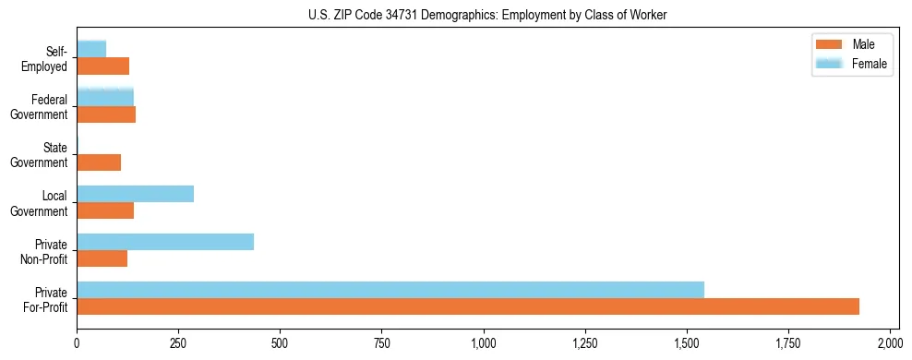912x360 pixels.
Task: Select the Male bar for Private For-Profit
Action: click(x=468, y=306)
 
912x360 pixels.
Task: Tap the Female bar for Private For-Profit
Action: click(x=390, y=290)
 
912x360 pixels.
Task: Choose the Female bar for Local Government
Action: click(x=135, y=194)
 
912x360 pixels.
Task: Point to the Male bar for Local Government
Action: click(x=105, y=210)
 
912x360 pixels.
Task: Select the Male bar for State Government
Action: click(x=99, y=162)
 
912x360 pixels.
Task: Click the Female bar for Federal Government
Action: click(x=105, y=97)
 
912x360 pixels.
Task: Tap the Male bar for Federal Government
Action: click(x=106, y=114)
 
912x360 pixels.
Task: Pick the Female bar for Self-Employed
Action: click(x=91, y=49)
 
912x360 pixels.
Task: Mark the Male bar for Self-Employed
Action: click(x=102, y=66)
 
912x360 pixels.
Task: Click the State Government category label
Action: click(x=42, y=155)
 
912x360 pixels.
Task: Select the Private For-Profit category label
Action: click(x=47, y=299)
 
